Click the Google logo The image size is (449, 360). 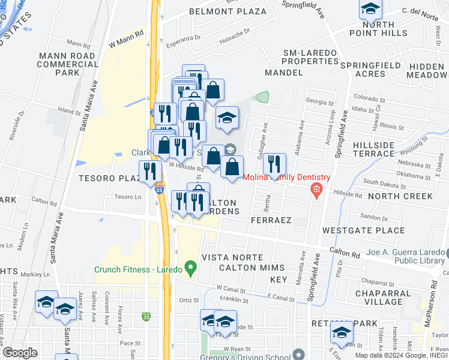pyautogui.click(x=20, y=352)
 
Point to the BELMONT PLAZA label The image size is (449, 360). pyautogui.click(x=228, y=11)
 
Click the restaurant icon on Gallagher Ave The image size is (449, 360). pyautogui.click(x=274, y=164)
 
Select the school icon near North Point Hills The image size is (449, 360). pyautogui.click(x=370, y=9)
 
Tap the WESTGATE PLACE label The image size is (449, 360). pyautogui.click(x=355, y=230)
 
